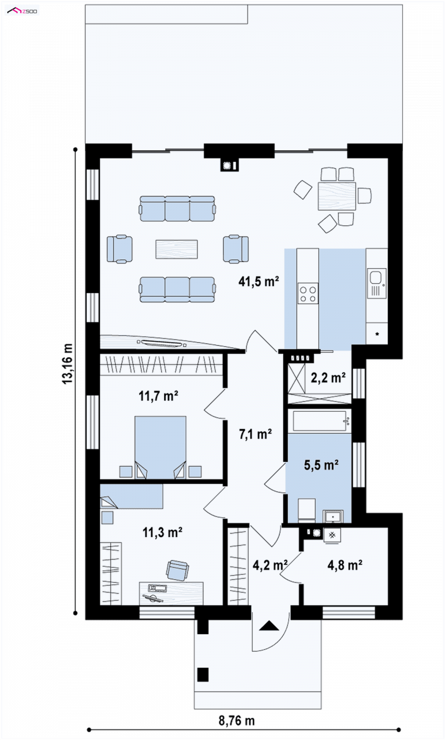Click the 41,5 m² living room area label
pyautogui.click(x=259, y=282)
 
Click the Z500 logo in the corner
pyautogui.click(x=22, y=12)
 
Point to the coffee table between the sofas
pyautogui.click(x=177, y=249)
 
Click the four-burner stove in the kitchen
pyautogui.click(x=308, y=293)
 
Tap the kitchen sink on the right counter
pyautogui.click(x=376, y=283)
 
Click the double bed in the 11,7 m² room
pyautogui.click(x=160, y=447)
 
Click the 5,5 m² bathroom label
pyautogui.click(x=321, y=465)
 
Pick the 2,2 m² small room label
pyautogui.click(x=328, y=377)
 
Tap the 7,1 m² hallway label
pyautogui.click(x=255, y=434)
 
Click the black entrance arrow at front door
pyautogui.click(x=269, y=626)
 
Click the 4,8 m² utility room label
pyautogui.click(x=345, y=565)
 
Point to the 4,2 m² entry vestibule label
pyautogui.click(x=270, y=565)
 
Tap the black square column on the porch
pyautogui.click(x=203, y=674)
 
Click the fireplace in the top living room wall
pyautogui.click(x=230, y=165)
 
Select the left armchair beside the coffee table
pyautogui.click(x=120, y=249)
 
